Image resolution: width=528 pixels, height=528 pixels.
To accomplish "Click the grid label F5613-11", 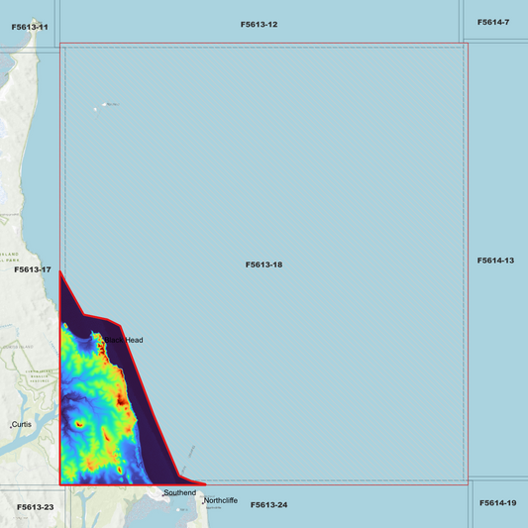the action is (30, 27).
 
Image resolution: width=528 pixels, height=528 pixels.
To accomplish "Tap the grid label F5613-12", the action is (259, 24).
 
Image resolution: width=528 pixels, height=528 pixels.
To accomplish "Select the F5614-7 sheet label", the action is (492, 22).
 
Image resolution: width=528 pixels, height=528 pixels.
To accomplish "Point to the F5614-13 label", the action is (495, 261).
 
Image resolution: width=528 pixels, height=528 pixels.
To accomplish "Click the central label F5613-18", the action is (264, 264).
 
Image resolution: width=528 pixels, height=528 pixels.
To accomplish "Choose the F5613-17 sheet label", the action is (32, 269).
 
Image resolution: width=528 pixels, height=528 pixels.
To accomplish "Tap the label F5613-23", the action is (35, 507).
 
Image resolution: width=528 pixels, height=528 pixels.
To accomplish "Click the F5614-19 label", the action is (497, 503).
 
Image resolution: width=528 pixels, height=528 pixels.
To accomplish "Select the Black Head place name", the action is (125, 340).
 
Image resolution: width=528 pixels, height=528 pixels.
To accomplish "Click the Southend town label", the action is (181, 492).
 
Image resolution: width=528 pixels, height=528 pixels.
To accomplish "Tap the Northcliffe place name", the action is (221, 500).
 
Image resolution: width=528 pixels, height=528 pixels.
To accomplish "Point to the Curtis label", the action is (23, 424).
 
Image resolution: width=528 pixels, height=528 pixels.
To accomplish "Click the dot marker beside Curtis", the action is (11, 426).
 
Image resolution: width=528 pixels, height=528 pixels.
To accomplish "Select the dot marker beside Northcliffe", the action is (203, 502).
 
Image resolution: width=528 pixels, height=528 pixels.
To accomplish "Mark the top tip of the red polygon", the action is (60, 270).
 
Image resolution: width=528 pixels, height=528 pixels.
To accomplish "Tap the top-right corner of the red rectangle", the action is (467, 44).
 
